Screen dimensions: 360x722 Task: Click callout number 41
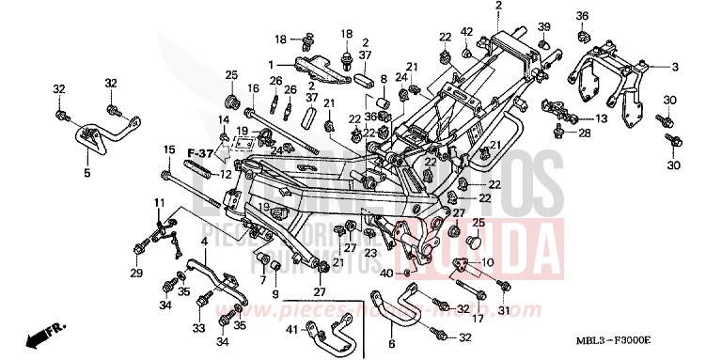[x=292, y=329]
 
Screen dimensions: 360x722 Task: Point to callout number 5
[x=86, y=173]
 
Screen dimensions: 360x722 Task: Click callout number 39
[x=544, y=26]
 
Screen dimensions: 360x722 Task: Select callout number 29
[x=137, y=273]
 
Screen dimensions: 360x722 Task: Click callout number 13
[x=601, y=118]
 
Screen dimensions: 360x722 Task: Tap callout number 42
[x=465, y=33]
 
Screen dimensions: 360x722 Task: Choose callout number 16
[x=253, y=88]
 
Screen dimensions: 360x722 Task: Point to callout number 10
[x=487, y=261]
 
